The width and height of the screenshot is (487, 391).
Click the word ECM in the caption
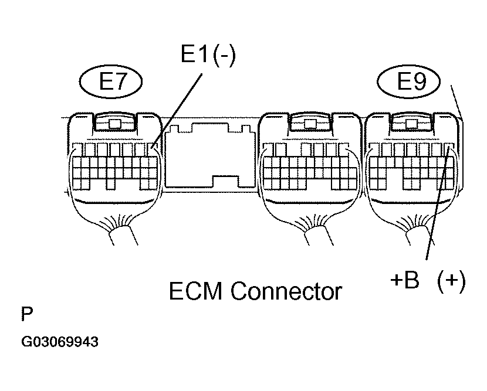click(196, 290)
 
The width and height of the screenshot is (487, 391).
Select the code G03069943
click(59, 341)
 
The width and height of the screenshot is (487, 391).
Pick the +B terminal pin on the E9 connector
click(449, 148)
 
